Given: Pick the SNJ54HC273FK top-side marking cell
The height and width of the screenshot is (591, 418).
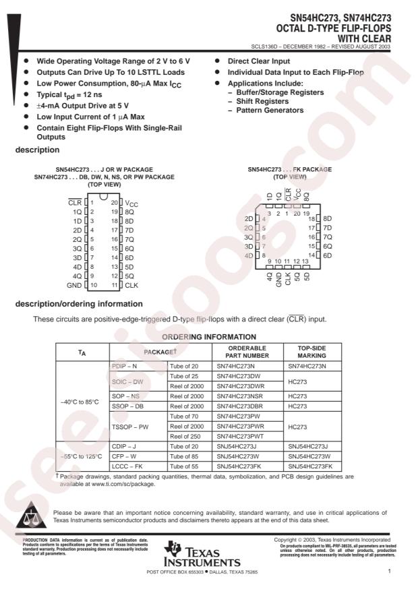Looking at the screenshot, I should tap(314, 466).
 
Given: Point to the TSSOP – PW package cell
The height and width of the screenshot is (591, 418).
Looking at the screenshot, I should tap(130, 427).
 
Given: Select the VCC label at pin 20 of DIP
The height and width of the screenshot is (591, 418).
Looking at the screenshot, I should tap(131, 202).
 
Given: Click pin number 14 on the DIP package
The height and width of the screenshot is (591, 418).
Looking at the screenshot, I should tap(115, 257).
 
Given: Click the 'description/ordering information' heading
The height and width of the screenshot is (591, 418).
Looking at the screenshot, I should tap(80, 304).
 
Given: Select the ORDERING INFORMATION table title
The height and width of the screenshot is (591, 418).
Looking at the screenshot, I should tap(209, 336).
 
